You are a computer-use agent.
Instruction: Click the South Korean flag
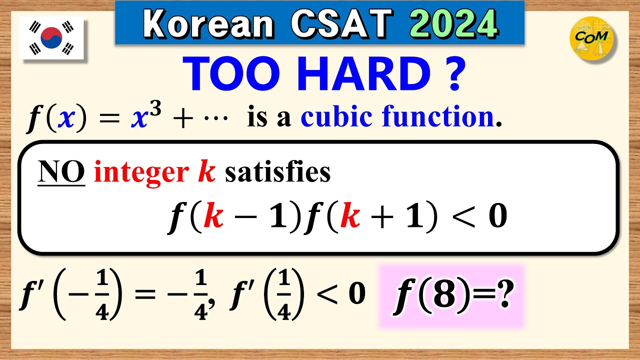(51, 38)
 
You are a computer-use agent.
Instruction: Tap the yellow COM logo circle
(592, 38)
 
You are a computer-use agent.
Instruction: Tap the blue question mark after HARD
(453, 73)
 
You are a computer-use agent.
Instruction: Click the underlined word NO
(61, 172)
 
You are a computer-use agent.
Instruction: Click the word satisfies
(278, 172)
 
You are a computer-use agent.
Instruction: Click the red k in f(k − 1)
(214, 218)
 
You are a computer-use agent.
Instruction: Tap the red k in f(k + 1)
(352, 218)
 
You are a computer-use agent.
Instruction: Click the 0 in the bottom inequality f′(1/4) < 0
(356, 295)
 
